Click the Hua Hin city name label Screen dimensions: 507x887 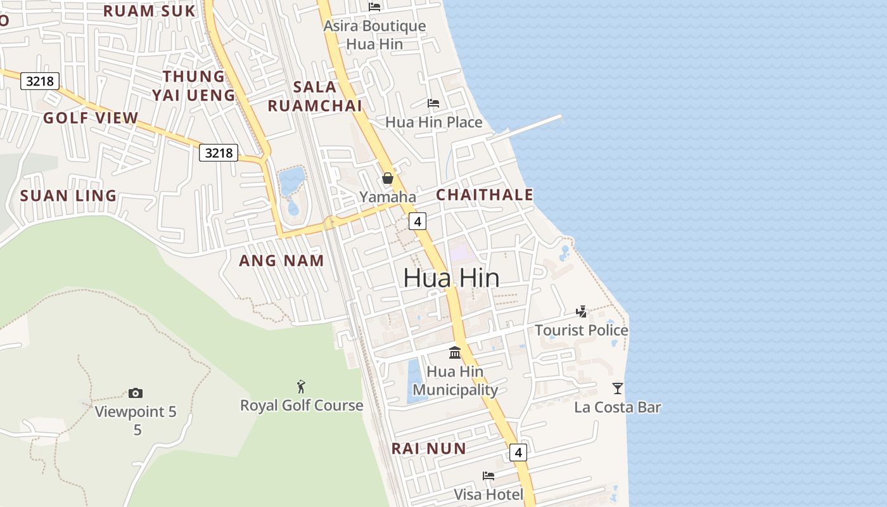(451, 278)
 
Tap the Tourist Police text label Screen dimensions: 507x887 (581, 330)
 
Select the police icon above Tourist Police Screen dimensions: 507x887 (581, 311)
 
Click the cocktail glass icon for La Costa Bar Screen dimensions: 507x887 (618, 388)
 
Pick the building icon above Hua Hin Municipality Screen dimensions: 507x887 (455, 352)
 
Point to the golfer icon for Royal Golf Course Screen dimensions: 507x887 (301, 386)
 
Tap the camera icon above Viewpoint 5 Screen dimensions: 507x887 (135, 393)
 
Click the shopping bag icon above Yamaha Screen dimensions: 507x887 (388, 178)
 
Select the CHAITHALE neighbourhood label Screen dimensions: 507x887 (485, 195)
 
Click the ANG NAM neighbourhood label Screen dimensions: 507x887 (281, 260)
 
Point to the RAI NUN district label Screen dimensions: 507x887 (428, 449)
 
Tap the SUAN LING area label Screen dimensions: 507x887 (68, 195)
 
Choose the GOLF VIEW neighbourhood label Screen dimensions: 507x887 (91, 117)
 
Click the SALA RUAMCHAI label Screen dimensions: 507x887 (315, 96)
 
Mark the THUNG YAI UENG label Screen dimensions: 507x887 (193, 86)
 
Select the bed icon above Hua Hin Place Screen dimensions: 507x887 (433, 103)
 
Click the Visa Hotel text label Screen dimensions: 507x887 (488, 494)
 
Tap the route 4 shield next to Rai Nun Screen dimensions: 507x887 (518, 452)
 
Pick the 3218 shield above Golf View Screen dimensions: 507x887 (40, 80)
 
